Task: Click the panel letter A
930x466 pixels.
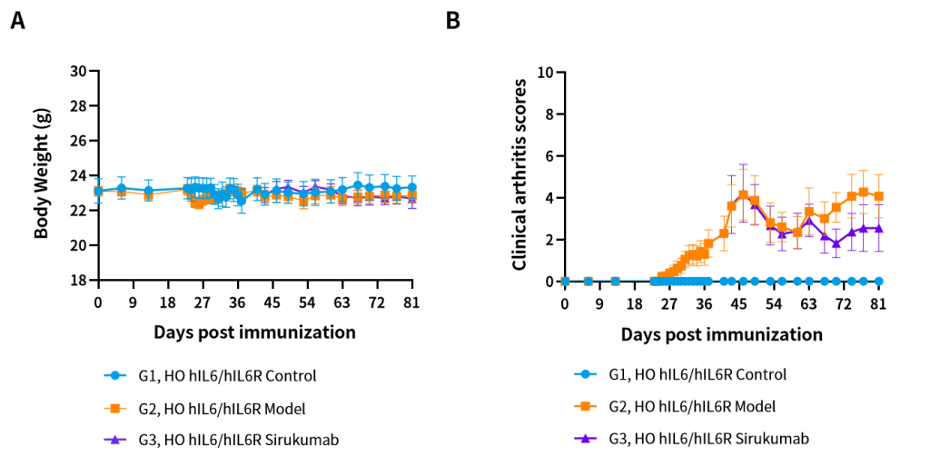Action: [x=18, y=21]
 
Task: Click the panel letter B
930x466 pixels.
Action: [x=452, y=21]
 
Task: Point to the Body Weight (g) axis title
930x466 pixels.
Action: [x=42, y=174]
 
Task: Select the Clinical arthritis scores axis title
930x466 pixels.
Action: [x=519, y=174]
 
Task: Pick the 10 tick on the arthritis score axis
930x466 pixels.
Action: [x=546, y=73]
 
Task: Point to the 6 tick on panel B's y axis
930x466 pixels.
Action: [x=549, y=156]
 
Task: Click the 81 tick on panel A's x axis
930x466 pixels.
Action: [x=411, y=302]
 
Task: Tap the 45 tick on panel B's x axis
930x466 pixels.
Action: [x=738, y=304]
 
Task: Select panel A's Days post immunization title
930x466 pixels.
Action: [x=255, y=332]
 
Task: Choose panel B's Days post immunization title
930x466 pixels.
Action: [x=722, y=334]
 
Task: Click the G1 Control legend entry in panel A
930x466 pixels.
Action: [x=210, y=376]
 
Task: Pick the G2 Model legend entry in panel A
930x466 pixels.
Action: [x=204, y=409]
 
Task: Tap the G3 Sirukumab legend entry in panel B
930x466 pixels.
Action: [x=691, y=439]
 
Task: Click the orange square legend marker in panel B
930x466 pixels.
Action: [x=586, y=407]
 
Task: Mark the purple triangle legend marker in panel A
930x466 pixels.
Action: [x=115, y=440]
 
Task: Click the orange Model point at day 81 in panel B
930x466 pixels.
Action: [x=878, y=196]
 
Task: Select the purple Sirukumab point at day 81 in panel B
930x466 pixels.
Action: [x=878, y=228]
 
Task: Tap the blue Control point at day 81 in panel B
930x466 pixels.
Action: [x=878, y=282]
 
